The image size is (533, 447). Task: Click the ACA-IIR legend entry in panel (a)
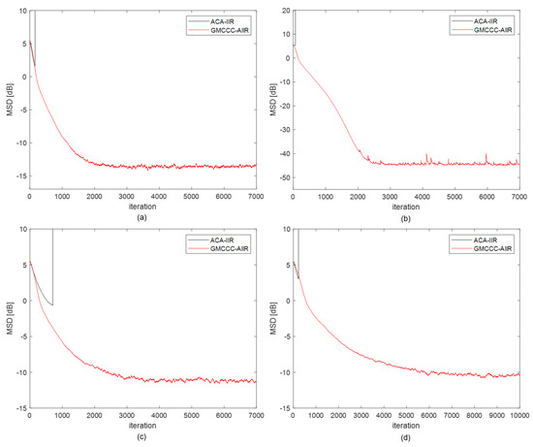click(226, 19)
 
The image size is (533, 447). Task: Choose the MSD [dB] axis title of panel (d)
click(271, 319)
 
